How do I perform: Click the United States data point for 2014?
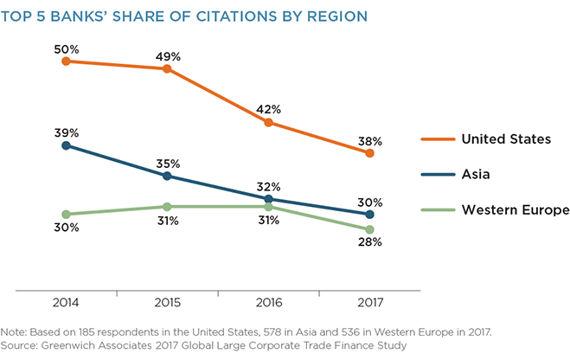click(67, 61)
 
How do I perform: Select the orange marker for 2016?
click(269, 122)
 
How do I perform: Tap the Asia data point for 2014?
click(67, 145)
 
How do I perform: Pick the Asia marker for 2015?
click(168, 176)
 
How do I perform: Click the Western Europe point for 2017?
click(370, 229)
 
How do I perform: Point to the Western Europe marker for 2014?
click(67, 214)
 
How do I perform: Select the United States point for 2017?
click(370, 153)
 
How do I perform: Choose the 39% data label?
click(67, 132)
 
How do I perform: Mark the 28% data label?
click(370, 242)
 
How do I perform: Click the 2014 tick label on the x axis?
click(67, 303)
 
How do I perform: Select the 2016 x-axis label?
click(269, 303)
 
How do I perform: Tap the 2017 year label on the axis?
click(370, 303)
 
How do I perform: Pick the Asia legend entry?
click(475, 174)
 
